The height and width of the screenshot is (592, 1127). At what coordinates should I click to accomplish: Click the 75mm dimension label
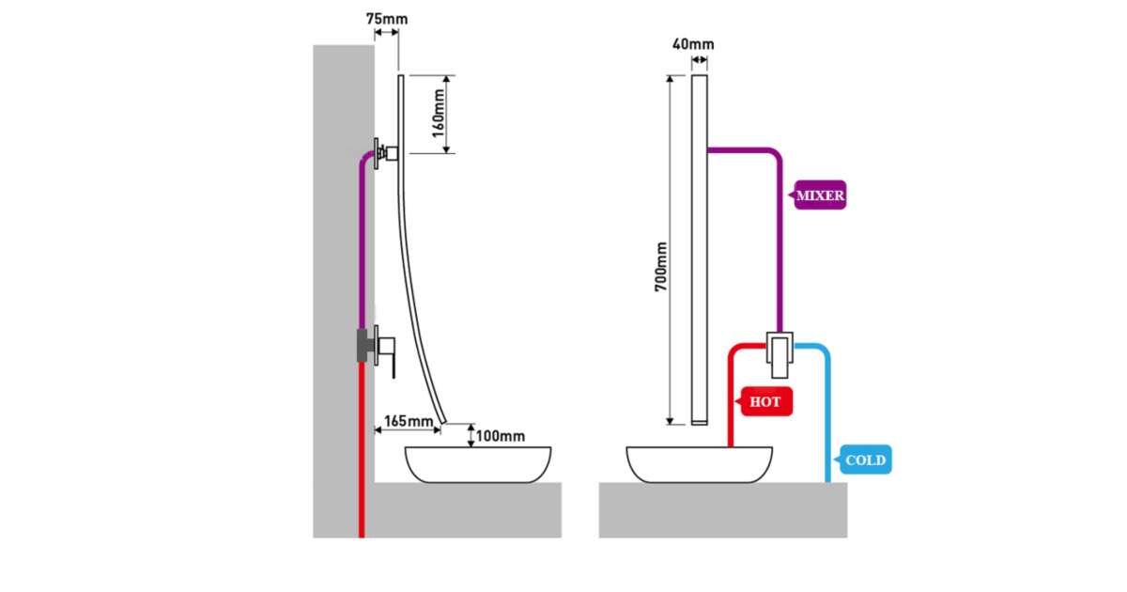tap(386, 19)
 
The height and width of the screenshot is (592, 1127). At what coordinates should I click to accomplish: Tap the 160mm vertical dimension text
tap(438, 114)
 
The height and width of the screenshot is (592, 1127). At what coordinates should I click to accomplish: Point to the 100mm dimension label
tap(500, 436)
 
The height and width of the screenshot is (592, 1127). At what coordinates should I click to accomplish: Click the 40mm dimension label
tap(693, 43)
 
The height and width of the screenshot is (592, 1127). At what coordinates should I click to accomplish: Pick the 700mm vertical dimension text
tap(661, 265)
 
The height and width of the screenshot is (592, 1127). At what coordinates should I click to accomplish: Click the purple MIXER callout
tap(820, 196)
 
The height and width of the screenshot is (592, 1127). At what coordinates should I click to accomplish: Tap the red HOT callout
tap(765, 402)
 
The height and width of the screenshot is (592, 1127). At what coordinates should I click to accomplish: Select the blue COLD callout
tap(864, 460)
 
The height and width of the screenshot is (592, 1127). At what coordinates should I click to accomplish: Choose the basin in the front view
tap(699, 465)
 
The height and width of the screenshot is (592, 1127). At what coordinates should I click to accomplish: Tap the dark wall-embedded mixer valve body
tap(362, 345)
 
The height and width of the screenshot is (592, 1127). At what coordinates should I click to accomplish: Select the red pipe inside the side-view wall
tap(362, 451)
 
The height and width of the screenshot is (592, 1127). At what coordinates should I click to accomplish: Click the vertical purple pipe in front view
tap(780, 244)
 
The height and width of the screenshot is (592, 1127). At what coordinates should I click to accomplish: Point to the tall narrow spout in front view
tap(699, 249)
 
